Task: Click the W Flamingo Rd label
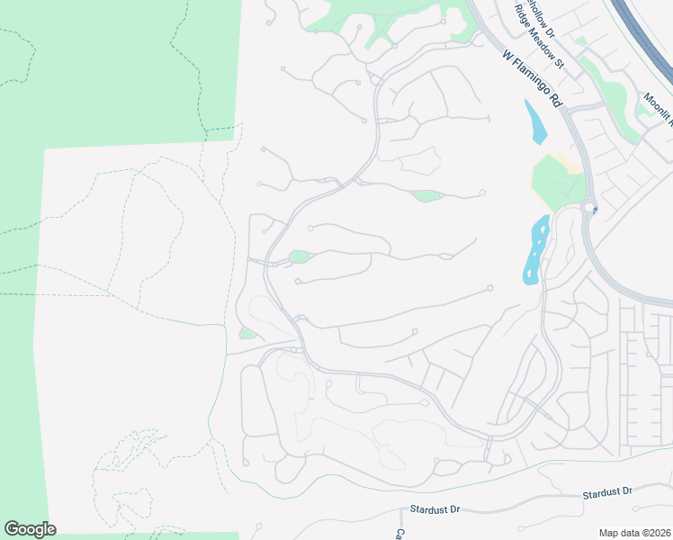(x=532, y=79)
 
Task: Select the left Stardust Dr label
(x=435, y=509)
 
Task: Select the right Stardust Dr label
(x=607, y=492)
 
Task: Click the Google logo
(x=30, y=529)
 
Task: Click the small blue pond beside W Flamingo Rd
(x=537, y=122)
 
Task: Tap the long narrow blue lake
(x=536, y=250)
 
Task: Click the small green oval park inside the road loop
(x=300, y=257)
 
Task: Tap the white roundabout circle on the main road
(x=589, y=208)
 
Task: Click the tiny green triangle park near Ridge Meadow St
(x=581, y=40)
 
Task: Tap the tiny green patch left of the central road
(x=246, y=334)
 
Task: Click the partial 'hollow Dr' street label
(x=534, y=13)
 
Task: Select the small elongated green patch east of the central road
(x=426, y=195)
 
